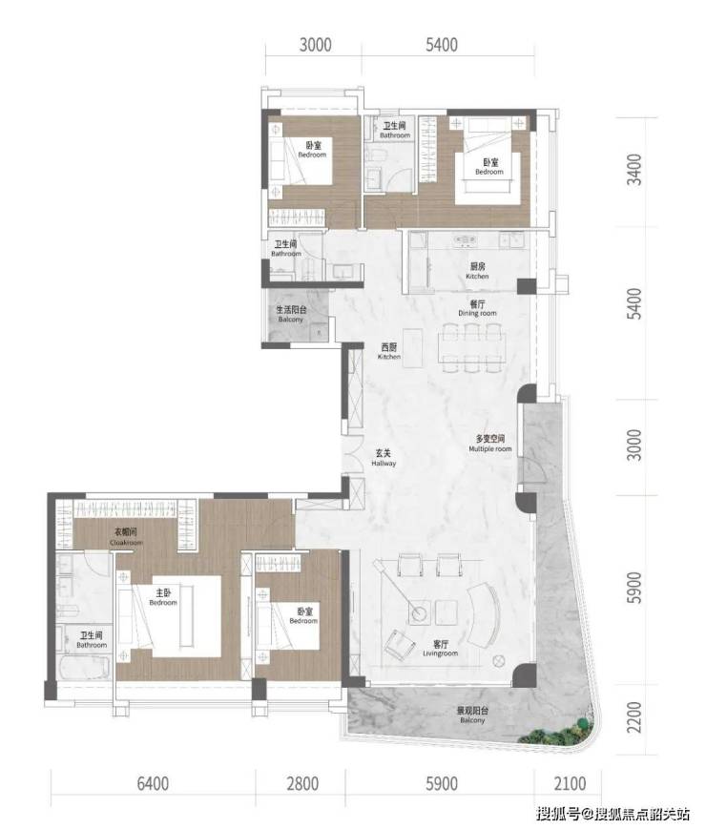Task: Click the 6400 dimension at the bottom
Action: point(153,783)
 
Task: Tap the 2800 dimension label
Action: point(302,783)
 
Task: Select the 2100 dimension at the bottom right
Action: point(570,783)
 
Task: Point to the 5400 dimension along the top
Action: point(442,45)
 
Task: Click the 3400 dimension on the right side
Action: point(634,169)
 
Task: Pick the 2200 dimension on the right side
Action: point(634,717)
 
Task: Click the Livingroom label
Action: point(440,653)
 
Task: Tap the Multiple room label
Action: point(490,449)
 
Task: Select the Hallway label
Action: point(384,463)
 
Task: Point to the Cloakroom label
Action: point(126,543)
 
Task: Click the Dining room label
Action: point(477,313)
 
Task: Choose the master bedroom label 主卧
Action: point(163,593)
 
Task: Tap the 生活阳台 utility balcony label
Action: point(291,310)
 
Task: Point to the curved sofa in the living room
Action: point(485,615)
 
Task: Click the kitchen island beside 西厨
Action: point(413,348)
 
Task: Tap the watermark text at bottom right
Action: point(613,813)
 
